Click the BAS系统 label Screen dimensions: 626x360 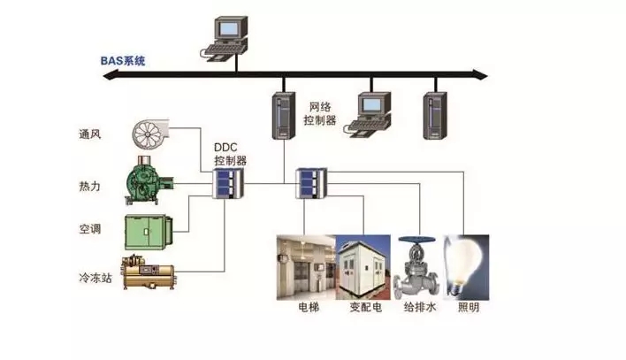coord(123,61)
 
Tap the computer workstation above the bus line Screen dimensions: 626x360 coord(224,39)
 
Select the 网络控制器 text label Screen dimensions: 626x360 coord(320,113)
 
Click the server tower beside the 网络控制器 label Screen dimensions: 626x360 coord(284,116)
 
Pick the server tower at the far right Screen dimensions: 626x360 coord(435,116)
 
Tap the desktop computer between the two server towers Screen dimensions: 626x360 coord(368,115)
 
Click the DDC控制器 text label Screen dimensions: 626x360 coord(231,154)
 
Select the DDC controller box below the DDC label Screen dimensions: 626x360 coord(227,183)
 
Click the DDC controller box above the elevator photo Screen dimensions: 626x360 coord(311,183)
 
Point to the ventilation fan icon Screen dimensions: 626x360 coord(150,133)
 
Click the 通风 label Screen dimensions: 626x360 coord(90,134)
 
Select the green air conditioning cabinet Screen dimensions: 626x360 coord(149,232)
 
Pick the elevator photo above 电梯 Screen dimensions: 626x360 coord(306,267)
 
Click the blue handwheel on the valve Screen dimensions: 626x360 coord(417,240)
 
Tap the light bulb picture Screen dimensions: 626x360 coord(466,267)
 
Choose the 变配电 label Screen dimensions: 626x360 coord(366,307)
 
